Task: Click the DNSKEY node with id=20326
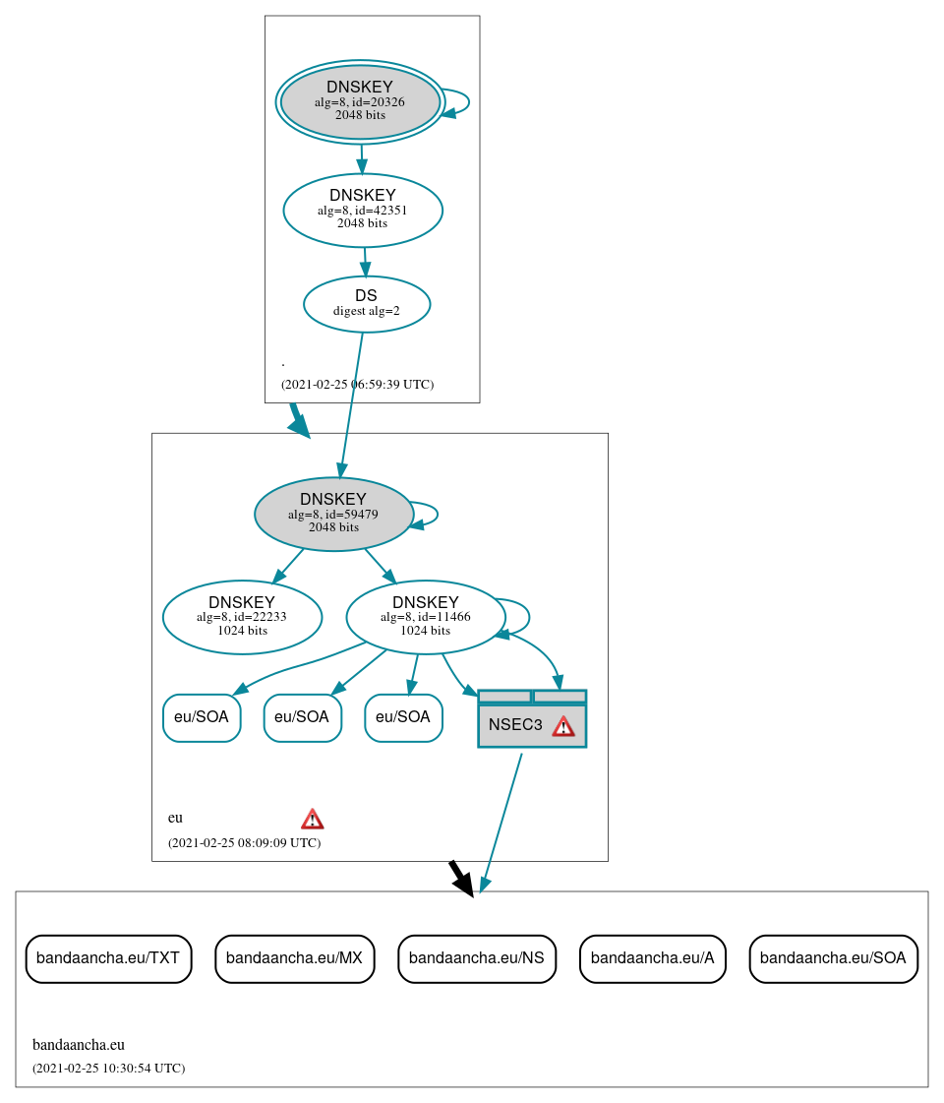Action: [x=360, y=101]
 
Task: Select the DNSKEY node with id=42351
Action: [x=363, y=210]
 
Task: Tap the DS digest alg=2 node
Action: [x=367, y=304]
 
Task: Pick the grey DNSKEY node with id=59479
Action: [x=333, y=514]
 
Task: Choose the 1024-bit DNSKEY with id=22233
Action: [x=242, y=617]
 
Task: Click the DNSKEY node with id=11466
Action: [x=426, y=617]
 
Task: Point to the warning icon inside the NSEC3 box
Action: [x=562, y=726]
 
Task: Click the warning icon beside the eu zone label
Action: [x=312, y=819]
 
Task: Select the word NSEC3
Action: [x=515, y=725]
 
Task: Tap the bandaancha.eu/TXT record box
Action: [x=108, y=958]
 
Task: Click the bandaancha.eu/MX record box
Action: [x=294, y=958]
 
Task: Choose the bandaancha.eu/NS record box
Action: [x=477, y=958]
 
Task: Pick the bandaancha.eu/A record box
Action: [x=653, y=958]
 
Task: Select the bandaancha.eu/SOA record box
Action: [x=833, y=958]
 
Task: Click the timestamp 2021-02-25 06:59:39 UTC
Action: [x=357, y=385]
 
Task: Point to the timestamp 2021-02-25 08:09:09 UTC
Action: [x=244, y=843]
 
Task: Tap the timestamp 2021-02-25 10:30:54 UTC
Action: [x=108, y=1069]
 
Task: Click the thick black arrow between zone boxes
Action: [x=460, y=877]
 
